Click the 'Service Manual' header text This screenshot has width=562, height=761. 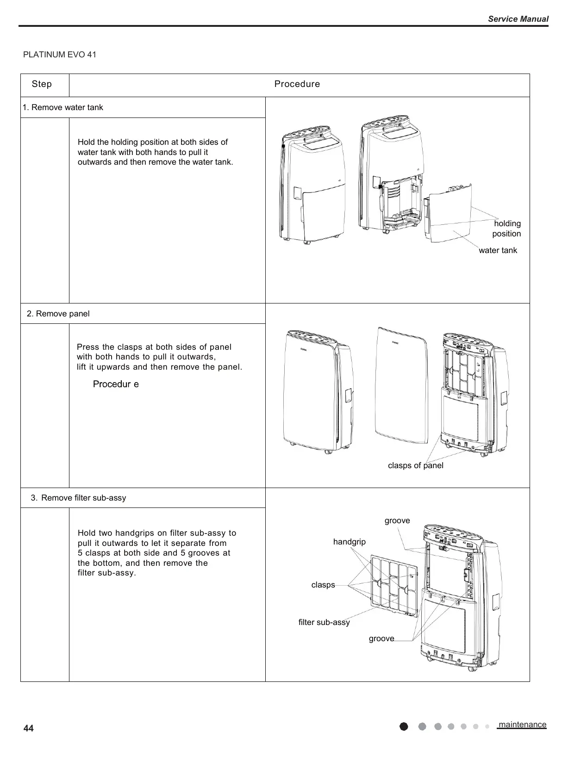click(518, 19)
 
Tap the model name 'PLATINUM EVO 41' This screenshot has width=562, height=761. click(60, 55)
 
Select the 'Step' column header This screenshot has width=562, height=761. click(42, 84)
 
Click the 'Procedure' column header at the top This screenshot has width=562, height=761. click(297, 84)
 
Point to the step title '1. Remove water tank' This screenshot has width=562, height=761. click(63, 107)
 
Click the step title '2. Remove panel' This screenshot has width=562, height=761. click(58, 314)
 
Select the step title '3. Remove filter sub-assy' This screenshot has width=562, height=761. click(78, 498)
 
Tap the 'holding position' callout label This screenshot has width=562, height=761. click(506, 229)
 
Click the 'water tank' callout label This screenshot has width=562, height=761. click(498, 250)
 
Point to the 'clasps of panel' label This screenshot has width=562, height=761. click(415, 465)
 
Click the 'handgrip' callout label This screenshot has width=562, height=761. click(349, 541)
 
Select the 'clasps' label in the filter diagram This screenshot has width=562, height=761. click(323, 585)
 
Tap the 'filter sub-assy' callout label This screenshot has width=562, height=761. click(324, 622)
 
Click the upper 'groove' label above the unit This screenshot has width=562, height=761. click(397, 520)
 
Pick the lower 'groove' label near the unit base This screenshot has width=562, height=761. click(381, 638)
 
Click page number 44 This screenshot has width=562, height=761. click(28, 729)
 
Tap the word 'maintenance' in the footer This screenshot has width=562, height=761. click(522, 724)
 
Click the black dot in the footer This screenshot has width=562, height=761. click(404, 726)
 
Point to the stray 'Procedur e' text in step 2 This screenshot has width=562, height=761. click(116, 384)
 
